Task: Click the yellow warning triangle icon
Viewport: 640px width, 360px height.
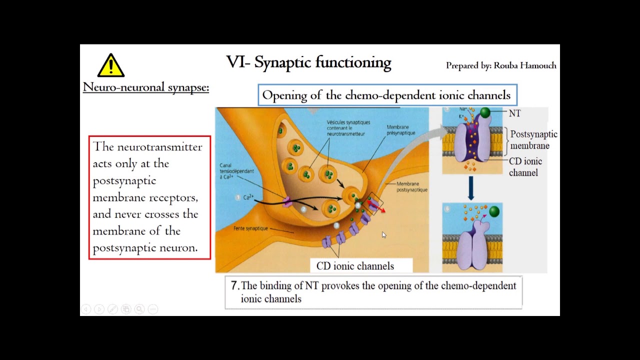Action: pos(110,65)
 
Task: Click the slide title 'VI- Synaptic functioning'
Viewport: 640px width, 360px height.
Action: pos(308,62)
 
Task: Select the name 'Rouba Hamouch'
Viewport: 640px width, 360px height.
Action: pos(525,65)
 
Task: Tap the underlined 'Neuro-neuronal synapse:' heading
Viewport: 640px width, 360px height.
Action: pos(145,87)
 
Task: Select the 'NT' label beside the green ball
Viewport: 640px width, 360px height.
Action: pos(514,113)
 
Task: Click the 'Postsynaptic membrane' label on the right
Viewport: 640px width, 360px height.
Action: pos(533,140)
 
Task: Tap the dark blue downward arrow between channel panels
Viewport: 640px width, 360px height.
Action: pos(471,188)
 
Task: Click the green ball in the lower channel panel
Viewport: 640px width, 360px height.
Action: pos(494,211)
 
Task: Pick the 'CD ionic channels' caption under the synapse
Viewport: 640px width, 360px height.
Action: pos(355,266)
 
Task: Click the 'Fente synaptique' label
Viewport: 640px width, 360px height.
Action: pos(250,228)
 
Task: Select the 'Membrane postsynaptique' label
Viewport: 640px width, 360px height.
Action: pos(412,186)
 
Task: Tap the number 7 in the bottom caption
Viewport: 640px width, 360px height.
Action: pos(234,285)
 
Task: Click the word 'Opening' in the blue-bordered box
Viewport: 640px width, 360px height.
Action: pos(284,95)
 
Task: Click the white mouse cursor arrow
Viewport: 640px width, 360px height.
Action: pos(383,234)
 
